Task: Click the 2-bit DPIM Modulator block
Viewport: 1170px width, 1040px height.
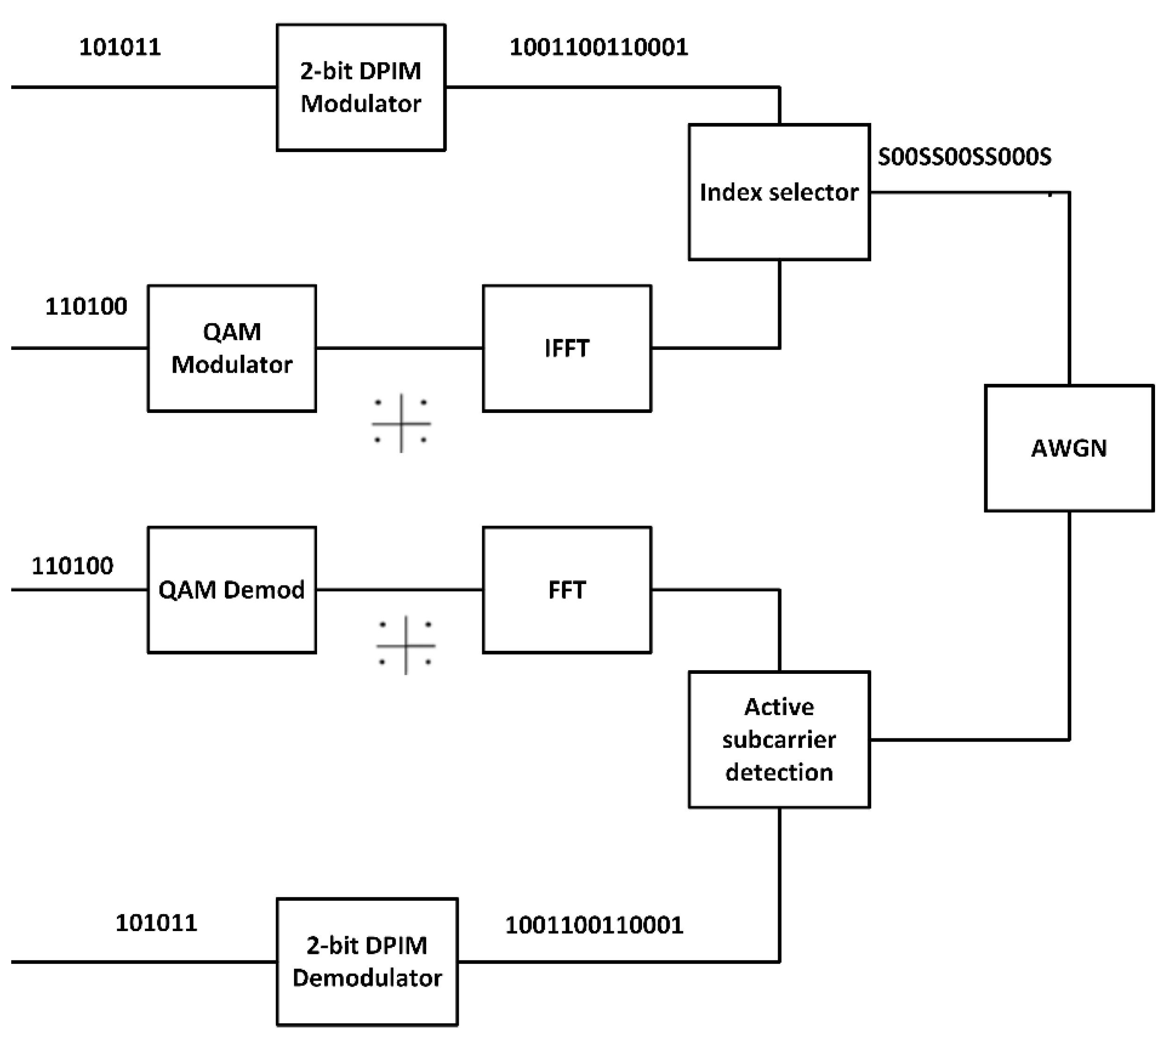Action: [x=361, y=87]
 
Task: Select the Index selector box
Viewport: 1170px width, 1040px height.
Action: [x=779, y=192]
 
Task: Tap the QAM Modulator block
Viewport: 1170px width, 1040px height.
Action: [x=231, y=348]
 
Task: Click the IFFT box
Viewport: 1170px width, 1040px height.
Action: [x=567, y=348]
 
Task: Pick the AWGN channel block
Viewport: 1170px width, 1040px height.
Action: [x=1069, y=448]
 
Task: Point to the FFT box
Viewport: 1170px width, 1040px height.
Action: [x=567, y=590]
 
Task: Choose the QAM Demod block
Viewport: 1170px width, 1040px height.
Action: [x=231, y=590]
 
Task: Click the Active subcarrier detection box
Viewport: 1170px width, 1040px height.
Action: [x=779, y=739]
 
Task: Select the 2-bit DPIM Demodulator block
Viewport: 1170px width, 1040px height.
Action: [x=367, y=961]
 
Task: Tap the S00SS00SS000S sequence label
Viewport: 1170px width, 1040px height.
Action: [x=965, y=157]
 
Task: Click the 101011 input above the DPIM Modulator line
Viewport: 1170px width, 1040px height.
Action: [x=120, y=47]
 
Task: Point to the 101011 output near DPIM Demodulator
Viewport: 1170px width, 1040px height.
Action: [x=156, y=923]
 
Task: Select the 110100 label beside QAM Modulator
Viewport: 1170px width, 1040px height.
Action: [x=87, y=307]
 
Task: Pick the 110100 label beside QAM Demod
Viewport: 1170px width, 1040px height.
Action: [x=72, y=566]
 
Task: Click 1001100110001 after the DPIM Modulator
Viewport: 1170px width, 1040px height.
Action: [x=599, y=47]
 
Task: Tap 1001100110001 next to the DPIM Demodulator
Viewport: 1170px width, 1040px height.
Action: [x=594, y=925]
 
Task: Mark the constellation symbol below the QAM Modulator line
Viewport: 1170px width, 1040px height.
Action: [x=401, y=423]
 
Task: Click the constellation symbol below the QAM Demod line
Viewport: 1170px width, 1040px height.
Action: [x=406, y=645]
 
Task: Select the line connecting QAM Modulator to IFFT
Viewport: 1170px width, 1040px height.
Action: [x=399, y=347]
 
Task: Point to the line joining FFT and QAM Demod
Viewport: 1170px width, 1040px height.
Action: [x=399, y=590]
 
